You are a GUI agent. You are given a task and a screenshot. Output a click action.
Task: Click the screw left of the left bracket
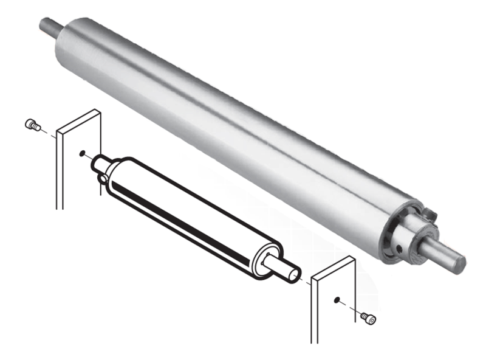tap(32, 125)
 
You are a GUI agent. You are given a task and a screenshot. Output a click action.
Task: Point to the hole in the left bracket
tap(82, 154)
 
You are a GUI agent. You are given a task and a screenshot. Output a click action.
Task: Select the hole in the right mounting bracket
tap(335, 300)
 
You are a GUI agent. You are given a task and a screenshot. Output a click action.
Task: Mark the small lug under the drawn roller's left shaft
tap(103, 178)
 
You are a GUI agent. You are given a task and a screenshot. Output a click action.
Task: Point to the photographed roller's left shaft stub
tap(50, 26)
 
